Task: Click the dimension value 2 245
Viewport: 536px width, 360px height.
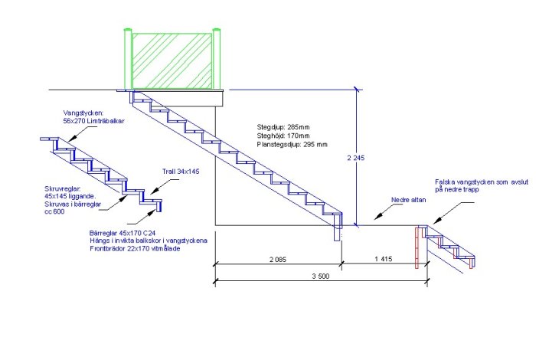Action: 356,158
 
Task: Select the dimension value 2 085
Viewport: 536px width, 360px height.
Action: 277,260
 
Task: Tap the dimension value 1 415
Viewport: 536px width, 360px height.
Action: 383,259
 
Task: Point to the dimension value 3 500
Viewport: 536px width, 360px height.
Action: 321,277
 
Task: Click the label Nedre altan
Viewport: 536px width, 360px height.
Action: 408,200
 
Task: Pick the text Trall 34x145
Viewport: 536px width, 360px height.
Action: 181,172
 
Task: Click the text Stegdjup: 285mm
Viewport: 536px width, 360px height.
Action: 283,127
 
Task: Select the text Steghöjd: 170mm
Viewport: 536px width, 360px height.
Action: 283,136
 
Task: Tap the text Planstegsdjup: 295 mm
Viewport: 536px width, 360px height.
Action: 292,144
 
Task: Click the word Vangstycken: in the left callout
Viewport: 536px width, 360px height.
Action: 83,113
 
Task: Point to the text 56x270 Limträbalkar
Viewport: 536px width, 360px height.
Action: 93,121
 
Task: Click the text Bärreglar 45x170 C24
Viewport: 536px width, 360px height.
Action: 123,233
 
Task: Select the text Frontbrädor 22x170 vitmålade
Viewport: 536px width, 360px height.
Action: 135,248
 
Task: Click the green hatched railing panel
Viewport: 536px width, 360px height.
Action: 172,61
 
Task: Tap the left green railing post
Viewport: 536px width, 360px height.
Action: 128,59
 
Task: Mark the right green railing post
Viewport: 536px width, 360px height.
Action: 216,59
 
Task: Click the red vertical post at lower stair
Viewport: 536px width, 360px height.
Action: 417,247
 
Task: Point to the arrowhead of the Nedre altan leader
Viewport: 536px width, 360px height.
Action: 377,217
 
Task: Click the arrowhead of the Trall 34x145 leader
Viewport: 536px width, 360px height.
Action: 154,191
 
